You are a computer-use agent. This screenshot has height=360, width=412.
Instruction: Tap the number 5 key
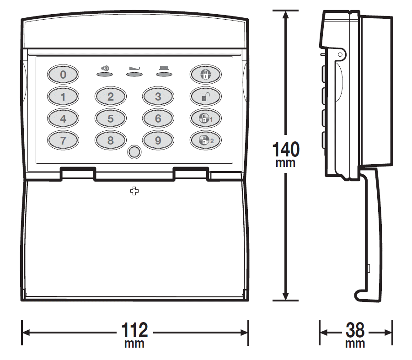tap(111, 118)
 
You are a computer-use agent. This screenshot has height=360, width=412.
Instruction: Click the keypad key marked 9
tap(158, 140)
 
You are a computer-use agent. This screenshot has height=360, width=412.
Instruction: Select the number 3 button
tap(158, 97)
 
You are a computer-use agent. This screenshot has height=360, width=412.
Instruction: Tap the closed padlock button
tap(206, 74)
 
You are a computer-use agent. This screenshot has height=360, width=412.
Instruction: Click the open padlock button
tap(206, 97)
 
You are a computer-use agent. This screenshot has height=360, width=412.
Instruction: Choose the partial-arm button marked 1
tap(206, 118)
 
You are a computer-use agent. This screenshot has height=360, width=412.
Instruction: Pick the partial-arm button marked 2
tap(206, 140)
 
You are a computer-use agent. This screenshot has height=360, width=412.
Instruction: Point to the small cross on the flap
tap(134, 191)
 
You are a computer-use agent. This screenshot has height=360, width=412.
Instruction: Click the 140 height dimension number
tap(286, 149)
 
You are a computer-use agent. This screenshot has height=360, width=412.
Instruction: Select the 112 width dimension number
tap(134, 330)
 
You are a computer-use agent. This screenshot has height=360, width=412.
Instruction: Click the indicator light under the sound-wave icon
tap(105, 74)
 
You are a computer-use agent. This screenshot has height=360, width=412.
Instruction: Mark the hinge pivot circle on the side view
tap(340, 54)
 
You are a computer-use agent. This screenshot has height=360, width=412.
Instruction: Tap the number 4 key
tap(63, 118)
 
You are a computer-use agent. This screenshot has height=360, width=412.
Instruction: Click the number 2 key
tap(111, 97)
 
